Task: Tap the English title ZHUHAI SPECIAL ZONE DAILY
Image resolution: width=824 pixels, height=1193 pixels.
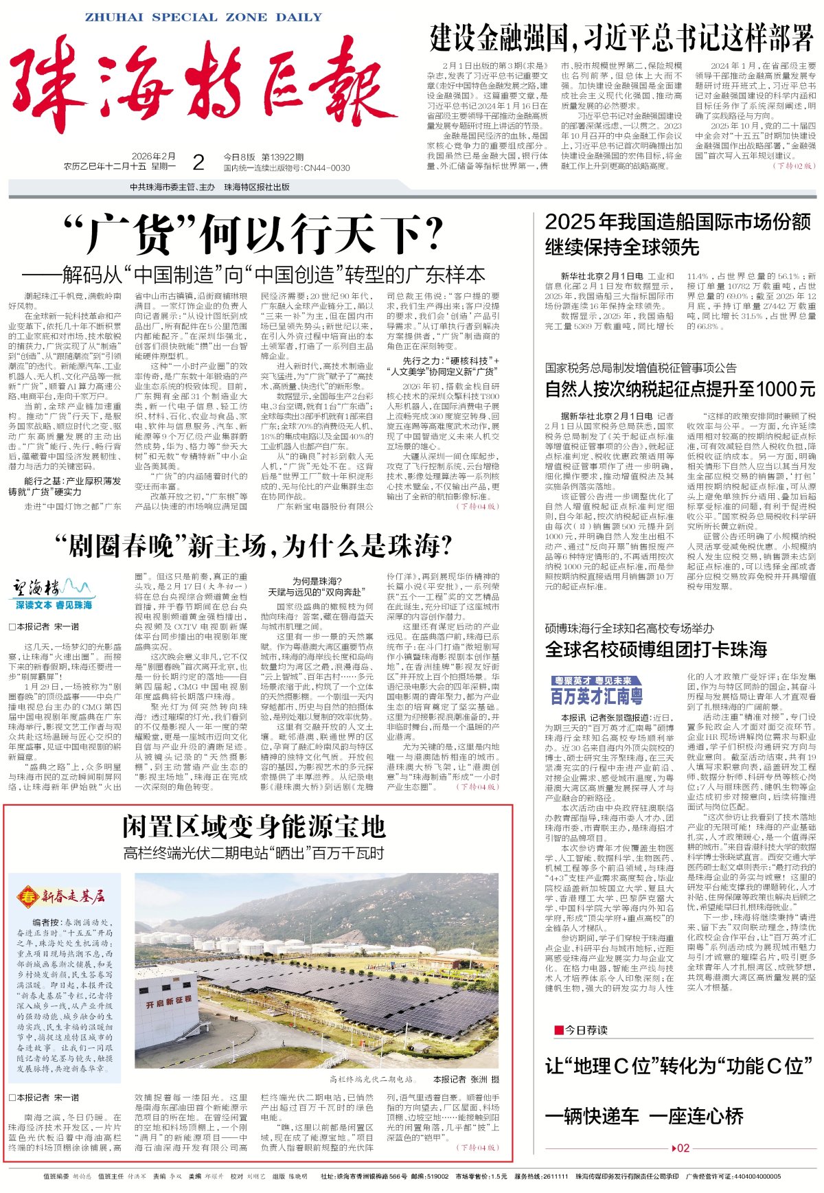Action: tap(203, 18)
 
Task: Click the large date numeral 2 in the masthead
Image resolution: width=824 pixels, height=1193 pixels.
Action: tap(198, 163)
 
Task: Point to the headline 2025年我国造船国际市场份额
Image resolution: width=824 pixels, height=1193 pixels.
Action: tap(677, 222)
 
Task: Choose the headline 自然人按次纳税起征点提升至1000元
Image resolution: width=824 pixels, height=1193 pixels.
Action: tap(680, 389)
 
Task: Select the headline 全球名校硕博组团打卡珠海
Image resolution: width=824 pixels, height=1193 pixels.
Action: tap(656, 649)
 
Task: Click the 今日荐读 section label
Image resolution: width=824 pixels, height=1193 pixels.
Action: tap(584, 1030)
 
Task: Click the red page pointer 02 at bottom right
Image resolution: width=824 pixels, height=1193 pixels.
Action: tap(683, 1148)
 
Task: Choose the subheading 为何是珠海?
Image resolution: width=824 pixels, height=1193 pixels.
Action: tap(317, 581)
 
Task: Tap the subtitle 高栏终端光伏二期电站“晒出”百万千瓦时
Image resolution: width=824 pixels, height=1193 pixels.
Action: tap(253, 854)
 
